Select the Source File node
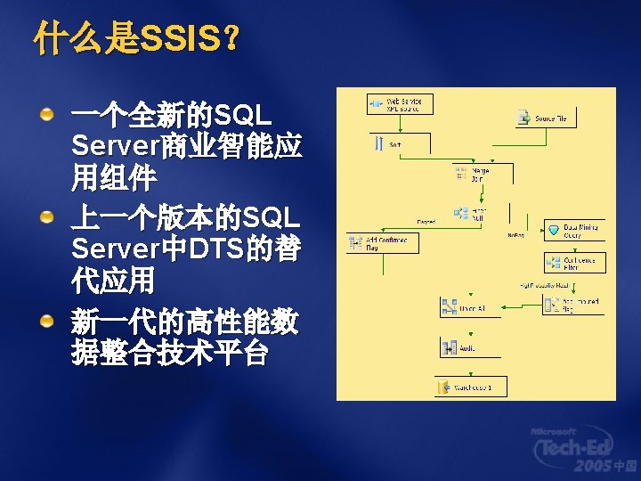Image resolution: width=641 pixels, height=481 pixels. click(x=547, y=118)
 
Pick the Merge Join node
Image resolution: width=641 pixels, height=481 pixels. click(x=472, y=173)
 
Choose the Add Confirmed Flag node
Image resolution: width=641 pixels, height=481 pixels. click(x=377, y=242)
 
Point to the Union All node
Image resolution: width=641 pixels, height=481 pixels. click(x=463, y=308)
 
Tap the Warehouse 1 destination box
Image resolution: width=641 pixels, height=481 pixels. click(x=472, y=387)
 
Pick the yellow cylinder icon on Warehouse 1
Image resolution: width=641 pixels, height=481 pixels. click(x=444, y=387)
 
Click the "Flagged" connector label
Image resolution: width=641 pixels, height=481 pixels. click(x=426, y=221)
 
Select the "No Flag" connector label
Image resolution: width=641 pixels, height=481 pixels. click(x=515, y=235)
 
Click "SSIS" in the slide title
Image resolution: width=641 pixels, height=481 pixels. click(x=181, y=37)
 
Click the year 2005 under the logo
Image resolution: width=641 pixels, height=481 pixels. click(x=592, y=467)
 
